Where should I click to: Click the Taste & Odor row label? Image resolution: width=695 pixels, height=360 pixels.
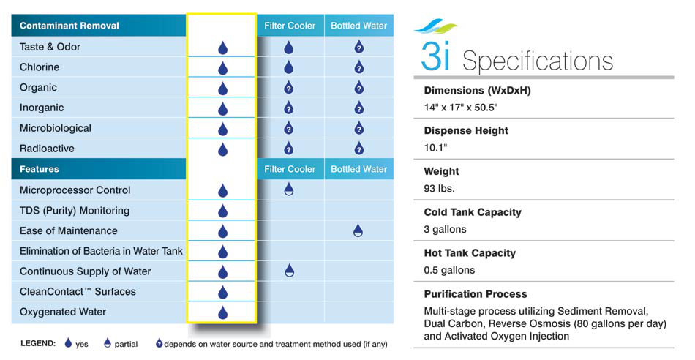[50, 47]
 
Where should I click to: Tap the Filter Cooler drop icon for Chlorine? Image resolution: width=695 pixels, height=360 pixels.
[288, 67]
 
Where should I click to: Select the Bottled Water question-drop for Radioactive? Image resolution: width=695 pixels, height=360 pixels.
[359, 148]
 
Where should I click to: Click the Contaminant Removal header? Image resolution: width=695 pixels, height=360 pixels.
[69, 26]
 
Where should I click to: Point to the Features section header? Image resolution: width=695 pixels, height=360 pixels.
[39, 169]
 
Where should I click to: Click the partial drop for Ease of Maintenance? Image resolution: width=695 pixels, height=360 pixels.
[358, 230]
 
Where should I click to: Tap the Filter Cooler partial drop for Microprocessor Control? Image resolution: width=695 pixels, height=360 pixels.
[288, 190]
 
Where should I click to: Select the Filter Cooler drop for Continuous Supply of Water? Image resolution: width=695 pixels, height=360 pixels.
[289, 271]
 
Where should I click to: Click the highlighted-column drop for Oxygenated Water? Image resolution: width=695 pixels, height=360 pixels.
[222, 312]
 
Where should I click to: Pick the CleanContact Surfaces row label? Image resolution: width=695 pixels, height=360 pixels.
[78, 292]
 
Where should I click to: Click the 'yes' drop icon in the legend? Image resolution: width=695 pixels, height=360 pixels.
[68, 342]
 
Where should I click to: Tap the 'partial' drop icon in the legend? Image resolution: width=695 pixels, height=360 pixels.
[108, 342]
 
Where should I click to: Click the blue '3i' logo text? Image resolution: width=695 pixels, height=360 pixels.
[436, 56]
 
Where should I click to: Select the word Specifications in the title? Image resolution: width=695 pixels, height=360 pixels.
[538, 61]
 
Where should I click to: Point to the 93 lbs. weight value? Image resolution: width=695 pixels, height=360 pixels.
[439, 189]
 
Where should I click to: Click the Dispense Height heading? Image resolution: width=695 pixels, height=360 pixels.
[466, 131]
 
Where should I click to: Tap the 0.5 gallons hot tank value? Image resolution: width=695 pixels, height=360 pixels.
[449, 270]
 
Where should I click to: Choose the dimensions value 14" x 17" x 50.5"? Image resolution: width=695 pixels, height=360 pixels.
[460, 108]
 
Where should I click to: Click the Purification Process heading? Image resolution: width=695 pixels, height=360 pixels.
[475, 294]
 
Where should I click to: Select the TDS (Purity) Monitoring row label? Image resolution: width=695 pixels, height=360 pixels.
[75, 211]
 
